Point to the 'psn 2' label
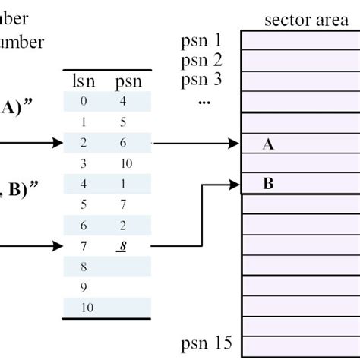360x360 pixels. click(x=201, y=60)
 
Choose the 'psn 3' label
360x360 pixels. click(x=201, y=79)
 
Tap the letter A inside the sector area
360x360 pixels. click(x=267, y=144)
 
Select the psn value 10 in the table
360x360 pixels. click(x=126, y=163)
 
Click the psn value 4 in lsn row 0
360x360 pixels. click(x=123, y=100)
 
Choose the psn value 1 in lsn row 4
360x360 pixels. click(x=123, y=184)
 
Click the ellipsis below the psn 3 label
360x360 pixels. click(x=202, y=100)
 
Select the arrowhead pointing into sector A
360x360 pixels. click(x=235, y=142)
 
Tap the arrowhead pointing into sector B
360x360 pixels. click(x=235, y=183)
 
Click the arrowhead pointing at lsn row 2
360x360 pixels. click(x=58, y=142)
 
